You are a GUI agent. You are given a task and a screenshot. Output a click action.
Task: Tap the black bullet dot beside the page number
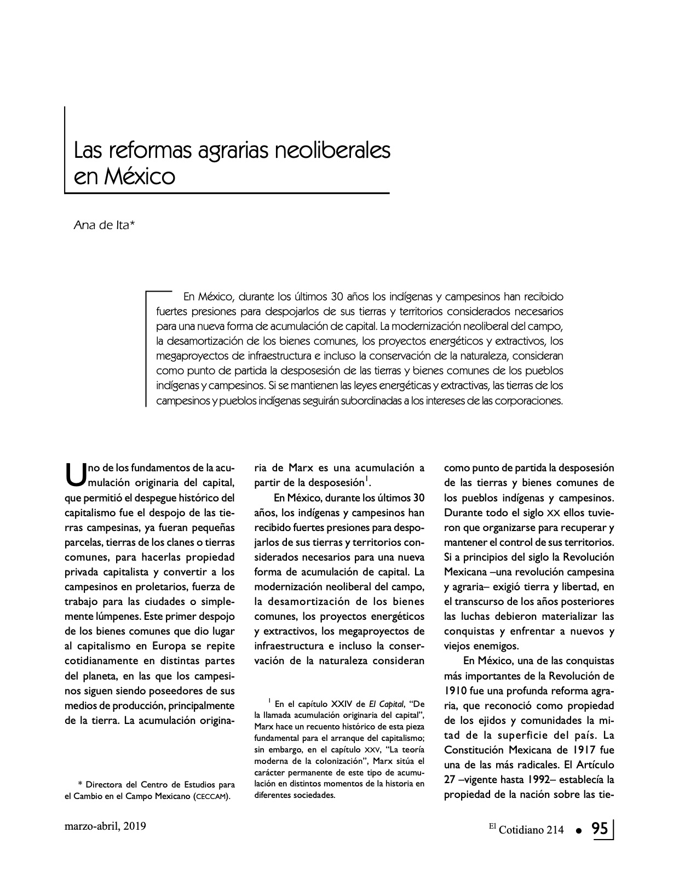[x=578, y=831]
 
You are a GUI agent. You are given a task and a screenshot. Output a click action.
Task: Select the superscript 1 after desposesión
[x=366, y=480]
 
